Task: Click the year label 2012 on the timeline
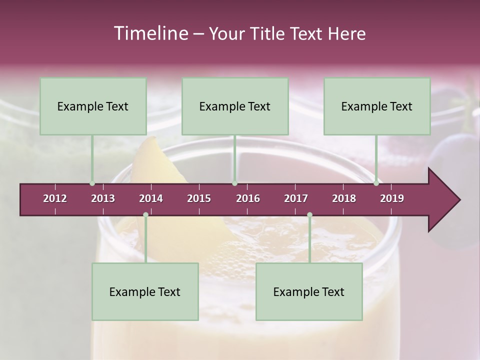point(55,198)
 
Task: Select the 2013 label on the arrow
point(103,198)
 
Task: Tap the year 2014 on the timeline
point(151,198)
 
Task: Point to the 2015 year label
point(199,198)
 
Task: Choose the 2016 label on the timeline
point(248,198)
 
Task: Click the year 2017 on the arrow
point(296,198)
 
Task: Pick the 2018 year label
point(344,198)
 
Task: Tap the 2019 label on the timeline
point(392,198)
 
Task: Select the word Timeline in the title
point(150,33)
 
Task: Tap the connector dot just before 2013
point(92,183)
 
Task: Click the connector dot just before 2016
point(235,183)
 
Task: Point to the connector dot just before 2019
point(376,183)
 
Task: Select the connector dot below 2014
point(145,215)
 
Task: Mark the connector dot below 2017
point(309,215)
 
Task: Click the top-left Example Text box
point(93,106)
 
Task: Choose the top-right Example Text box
point(377,106)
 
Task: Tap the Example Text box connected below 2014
point(145,291)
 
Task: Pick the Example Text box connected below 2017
point(309,291)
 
